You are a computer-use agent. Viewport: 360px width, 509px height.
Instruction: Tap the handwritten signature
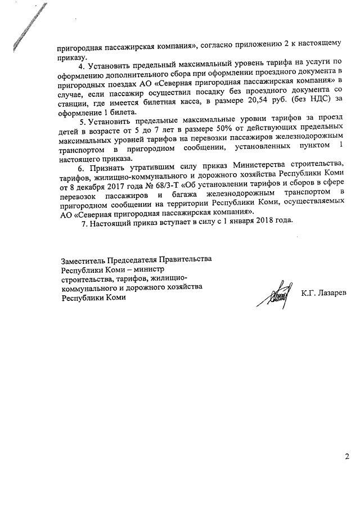pyautogui.click(x=273, y=295)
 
